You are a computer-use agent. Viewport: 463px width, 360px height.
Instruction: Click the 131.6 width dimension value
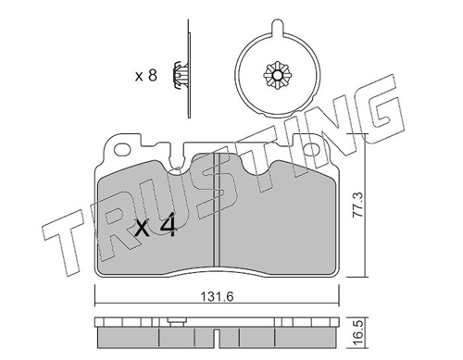218,297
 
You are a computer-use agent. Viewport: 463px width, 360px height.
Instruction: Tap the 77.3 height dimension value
358,205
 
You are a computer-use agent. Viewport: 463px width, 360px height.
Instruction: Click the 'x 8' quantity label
146,75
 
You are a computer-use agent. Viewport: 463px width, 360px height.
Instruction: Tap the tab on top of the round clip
278,27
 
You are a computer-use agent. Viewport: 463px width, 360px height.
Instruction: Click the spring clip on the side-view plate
178,76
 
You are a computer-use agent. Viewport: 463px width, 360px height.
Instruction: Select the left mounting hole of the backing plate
122,150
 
